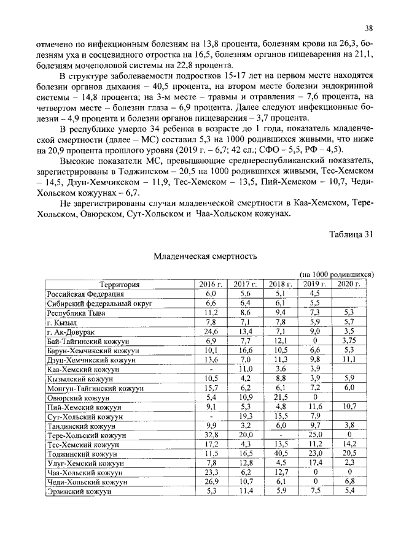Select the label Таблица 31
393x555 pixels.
pos(351,234)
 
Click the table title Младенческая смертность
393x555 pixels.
pos(204,256)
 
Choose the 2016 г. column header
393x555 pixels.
pos(211,284)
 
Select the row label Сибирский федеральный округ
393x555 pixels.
pos(90,303)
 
